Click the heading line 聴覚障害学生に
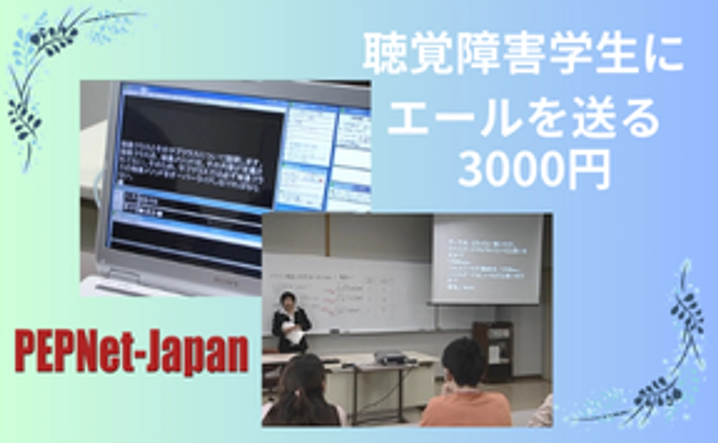coord(522,56)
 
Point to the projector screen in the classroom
coord(486,258)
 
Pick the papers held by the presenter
coord(294,331)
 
